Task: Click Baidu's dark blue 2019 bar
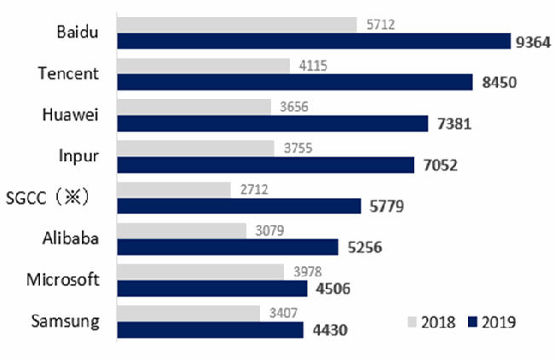tap(314, 41)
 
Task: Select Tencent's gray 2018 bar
tap(204, 66)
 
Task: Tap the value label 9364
tap(533, 42)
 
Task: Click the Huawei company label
tap(70, 115)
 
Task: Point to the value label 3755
tap(298, 148)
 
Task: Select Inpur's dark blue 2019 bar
tap(266, 165)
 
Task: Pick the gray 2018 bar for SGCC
tap(174, 189)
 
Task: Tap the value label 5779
tap(386, 206)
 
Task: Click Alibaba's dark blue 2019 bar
tap(228, 247)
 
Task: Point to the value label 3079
tap(269, 230)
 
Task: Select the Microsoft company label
tap(62, 280)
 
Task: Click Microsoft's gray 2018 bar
tap(200, 272)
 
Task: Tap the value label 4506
tap(332, 289)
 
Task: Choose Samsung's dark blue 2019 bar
tap(211, 330)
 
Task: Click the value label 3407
tap(283, 313)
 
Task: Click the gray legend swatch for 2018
tap(412, 322)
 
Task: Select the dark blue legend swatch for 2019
tap(472, 322)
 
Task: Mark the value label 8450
tap(499, 83)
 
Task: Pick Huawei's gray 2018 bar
tap(194, 107)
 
